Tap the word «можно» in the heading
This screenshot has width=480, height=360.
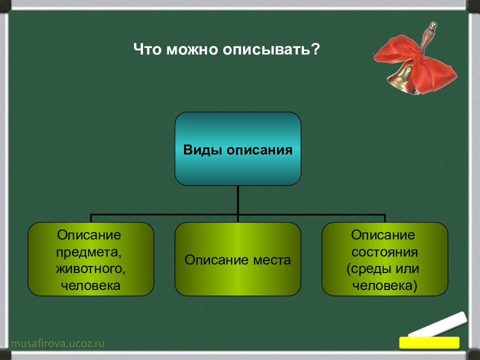(192, 49)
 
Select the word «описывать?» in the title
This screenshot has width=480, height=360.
(271, 49)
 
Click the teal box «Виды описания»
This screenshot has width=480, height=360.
(238, 149)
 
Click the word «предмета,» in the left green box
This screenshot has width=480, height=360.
(89, 252)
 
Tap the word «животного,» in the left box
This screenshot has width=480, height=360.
(90, 269)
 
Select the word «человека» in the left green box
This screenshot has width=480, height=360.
(90, 285)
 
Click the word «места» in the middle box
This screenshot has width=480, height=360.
(272, 260)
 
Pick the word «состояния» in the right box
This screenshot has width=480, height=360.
(384, 252)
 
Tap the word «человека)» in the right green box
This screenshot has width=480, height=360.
(385, 285)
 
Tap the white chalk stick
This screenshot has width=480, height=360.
(438, 324)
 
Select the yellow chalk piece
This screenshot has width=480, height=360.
(429, 342)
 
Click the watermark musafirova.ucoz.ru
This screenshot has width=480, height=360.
(58, 343)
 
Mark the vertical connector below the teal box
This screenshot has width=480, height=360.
(238, 203)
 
